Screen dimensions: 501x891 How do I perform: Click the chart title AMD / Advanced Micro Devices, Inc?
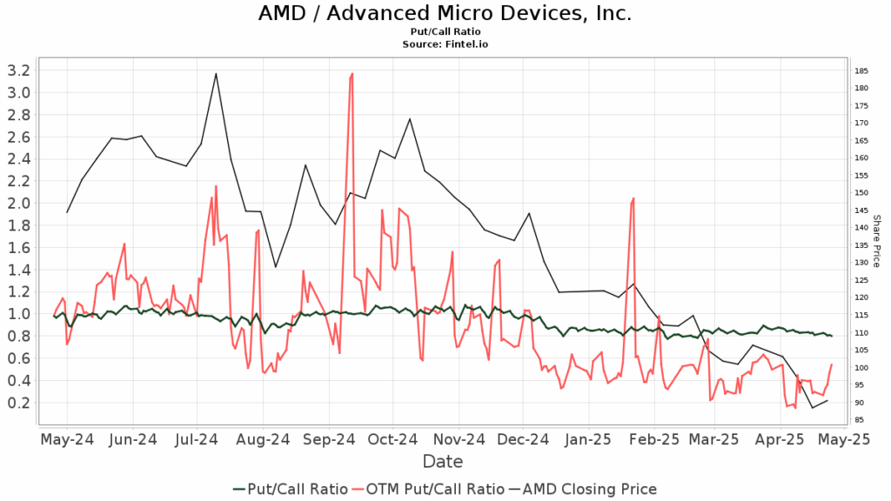[445, 14]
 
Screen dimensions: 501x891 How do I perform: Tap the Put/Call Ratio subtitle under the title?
[445, 31]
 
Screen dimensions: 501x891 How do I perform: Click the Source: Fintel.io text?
[445, 43]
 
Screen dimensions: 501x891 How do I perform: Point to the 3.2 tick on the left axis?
[17, 70]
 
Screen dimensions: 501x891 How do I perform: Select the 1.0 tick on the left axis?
[17, 314]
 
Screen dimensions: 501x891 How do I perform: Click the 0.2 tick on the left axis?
[17, 403]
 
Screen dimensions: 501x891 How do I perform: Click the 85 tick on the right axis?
[861, 420]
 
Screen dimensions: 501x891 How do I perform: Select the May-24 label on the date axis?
[67, 440]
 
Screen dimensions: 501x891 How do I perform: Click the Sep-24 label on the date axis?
[328, 440]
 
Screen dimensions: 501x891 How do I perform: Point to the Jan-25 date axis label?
[588, 440]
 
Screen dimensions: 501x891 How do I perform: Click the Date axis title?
[443, 461]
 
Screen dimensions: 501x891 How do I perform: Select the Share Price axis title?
[876, 241]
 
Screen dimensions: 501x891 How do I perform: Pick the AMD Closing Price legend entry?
[592, 490]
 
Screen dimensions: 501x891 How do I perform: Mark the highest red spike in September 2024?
[352, 73]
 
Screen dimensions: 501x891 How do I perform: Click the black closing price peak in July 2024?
[216, 73]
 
